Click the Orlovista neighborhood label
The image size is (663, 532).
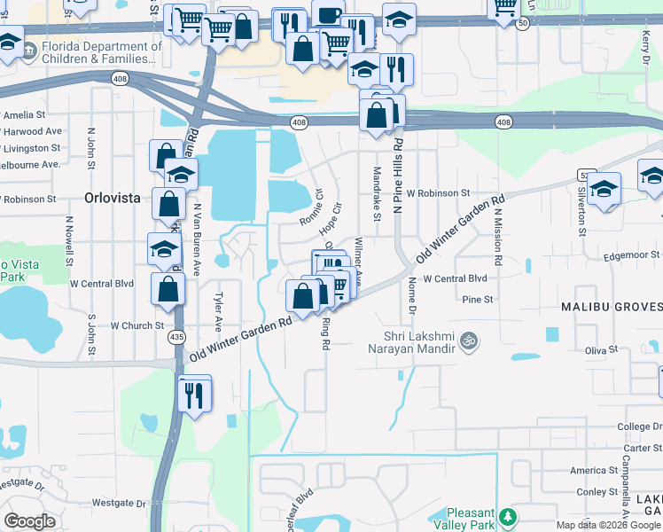coord(113,198)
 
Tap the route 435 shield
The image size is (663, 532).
coord(177,337)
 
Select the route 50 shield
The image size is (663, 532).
coord(524,24)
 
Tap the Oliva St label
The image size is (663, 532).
coord(600,350)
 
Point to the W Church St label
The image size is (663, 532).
coord(137,325)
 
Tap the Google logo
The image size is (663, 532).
coord(30,521)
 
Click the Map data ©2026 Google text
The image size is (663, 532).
coord(607,525)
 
